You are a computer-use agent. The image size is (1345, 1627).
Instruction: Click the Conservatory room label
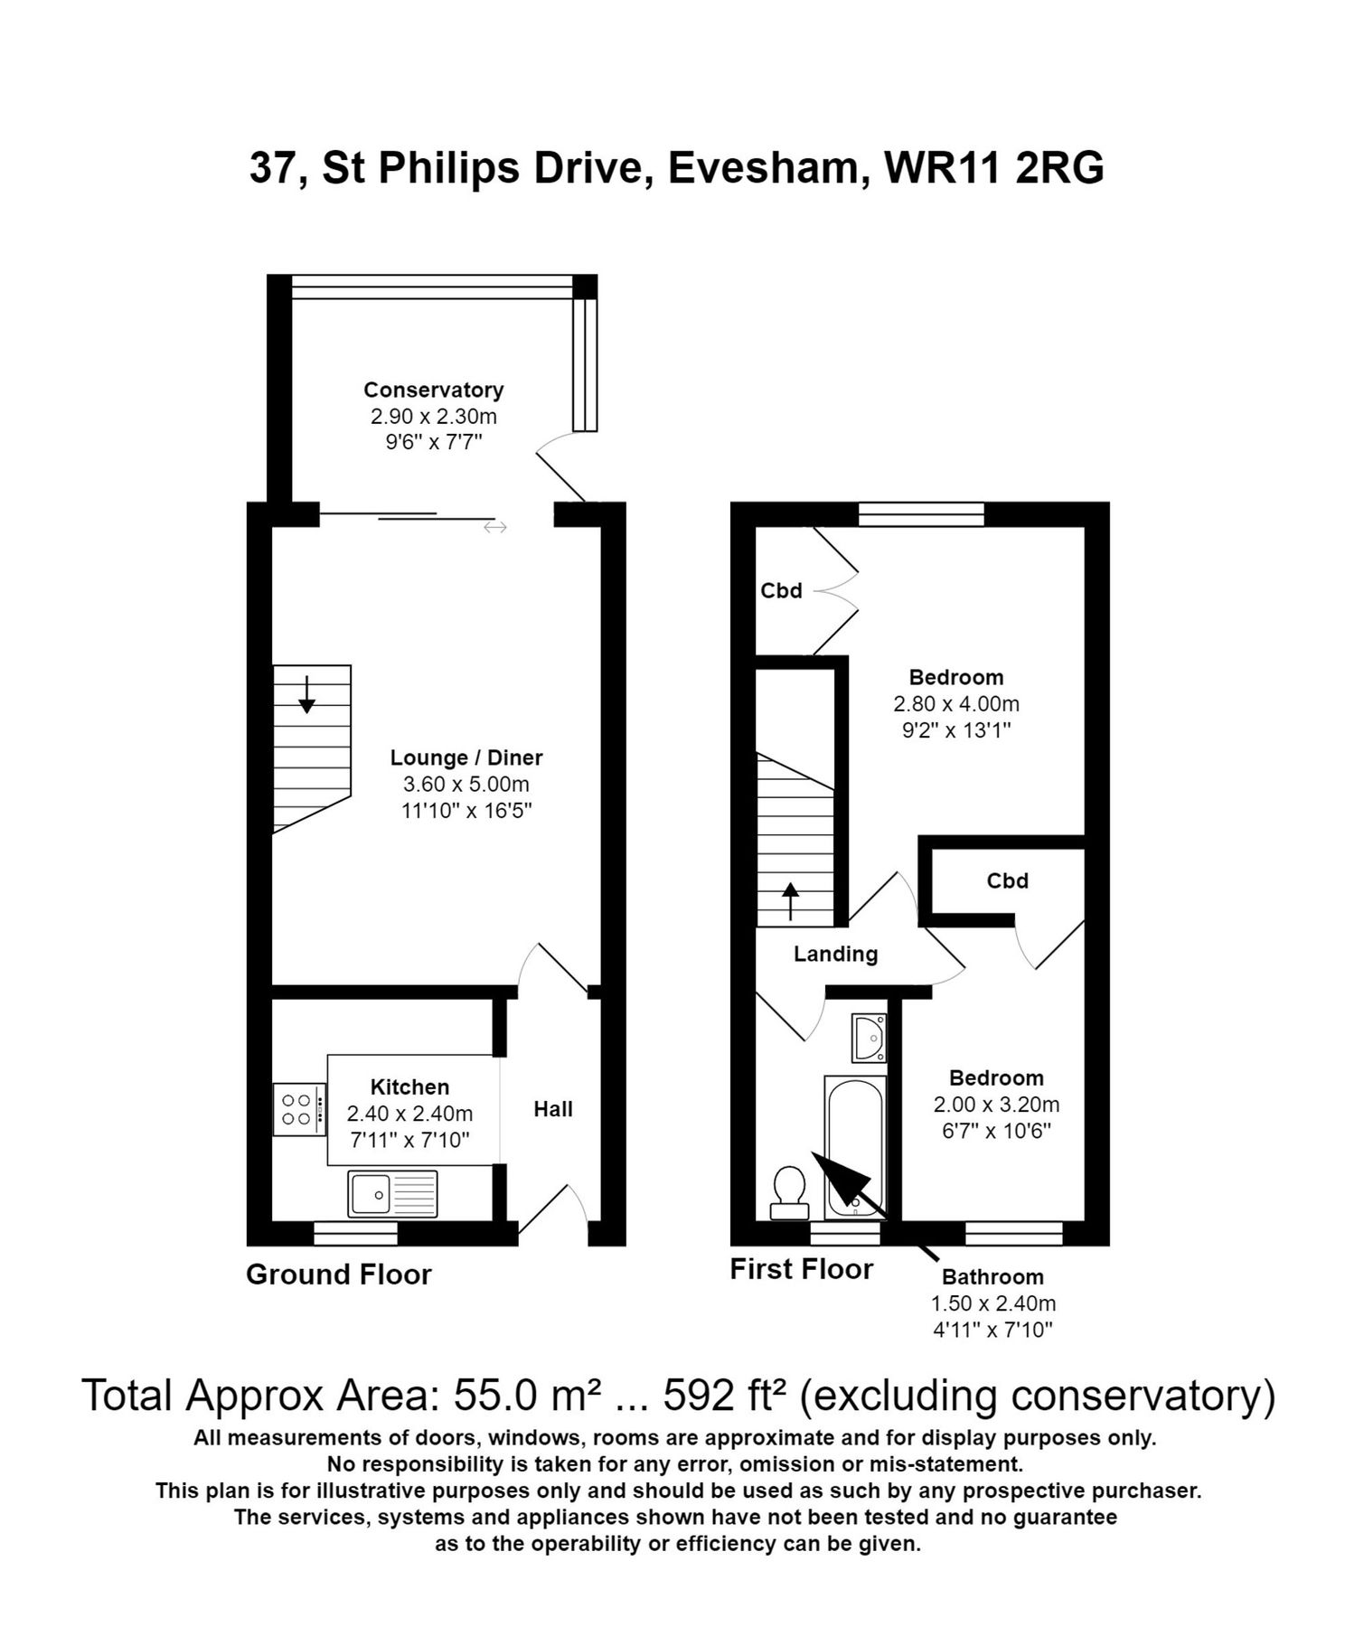(433, 390)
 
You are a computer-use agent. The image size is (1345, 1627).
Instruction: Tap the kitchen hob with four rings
(299, 1109)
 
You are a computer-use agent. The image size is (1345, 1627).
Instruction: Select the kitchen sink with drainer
(391, 1193)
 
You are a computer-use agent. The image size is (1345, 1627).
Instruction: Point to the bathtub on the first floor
(853, 1143)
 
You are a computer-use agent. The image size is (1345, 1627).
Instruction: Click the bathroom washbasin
(869, 1037)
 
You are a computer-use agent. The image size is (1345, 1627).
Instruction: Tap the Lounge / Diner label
(466, 757)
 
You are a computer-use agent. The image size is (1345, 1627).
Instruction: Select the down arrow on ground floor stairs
(306, 694)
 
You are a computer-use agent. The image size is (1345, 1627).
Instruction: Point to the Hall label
(552, 1109)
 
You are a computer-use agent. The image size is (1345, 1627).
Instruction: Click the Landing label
(835, 954)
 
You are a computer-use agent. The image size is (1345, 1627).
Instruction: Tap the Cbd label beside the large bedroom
(781, 591)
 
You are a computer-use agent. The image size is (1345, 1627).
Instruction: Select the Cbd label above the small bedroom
(1007, 880)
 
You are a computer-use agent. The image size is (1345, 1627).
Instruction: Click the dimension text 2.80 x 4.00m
(955, 703)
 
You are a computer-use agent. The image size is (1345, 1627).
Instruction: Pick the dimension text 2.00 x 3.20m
(996, 1104)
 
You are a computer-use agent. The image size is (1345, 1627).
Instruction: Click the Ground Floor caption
(339, 1274)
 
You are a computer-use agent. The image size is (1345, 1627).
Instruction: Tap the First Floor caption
(801, 1269)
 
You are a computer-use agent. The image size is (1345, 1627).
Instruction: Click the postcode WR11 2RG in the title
(993, 168)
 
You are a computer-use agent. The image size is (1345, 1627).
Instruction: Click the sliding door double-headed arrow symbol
(494, 527)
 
